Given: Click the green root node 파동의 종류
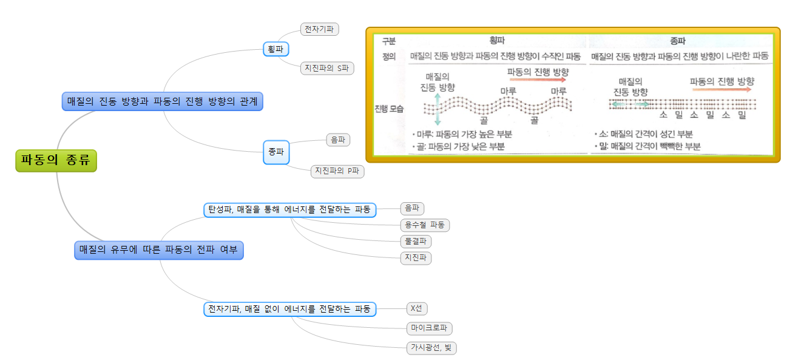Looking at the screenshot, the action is point(56,161).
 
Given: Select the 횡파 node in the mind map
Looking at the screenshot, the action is point(275,49).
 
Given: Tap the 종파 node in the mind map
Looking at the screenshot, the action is point(276,152).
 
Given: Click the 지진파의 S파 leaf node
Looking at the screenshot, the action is point(328,68).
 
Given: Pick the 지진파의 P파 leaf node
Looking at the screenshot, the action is point(337,171).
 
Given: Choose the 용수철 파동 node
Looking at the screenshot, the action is point(425,225).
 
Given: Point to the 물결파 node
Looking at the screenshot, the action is point(417,242).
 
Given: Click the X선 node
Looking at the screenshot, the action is point(416,308).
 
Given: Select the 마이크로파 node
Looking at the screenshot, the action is point(430,328).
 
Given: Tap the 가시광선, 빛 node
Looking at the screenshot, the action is point(431,348).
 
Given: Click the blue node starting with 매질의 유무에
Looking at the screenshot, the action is point(159,250).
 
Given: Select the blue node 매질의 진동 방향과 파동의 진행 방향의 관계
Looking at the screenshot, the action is point(163,101).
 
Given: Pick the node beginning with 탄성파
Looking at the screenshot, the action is point(289,209).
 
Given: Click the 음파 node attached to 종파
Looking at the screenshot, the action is point(338,140).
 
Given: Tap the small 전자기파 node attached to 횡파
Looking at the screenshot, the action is point(319,29).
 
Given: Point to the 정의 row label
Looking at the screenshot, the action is point(388,56).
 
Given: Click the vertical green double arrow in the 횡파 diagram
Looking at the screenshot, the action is point(438,109).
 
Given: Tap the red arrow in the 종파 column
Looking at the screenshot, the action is point(721,89).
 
